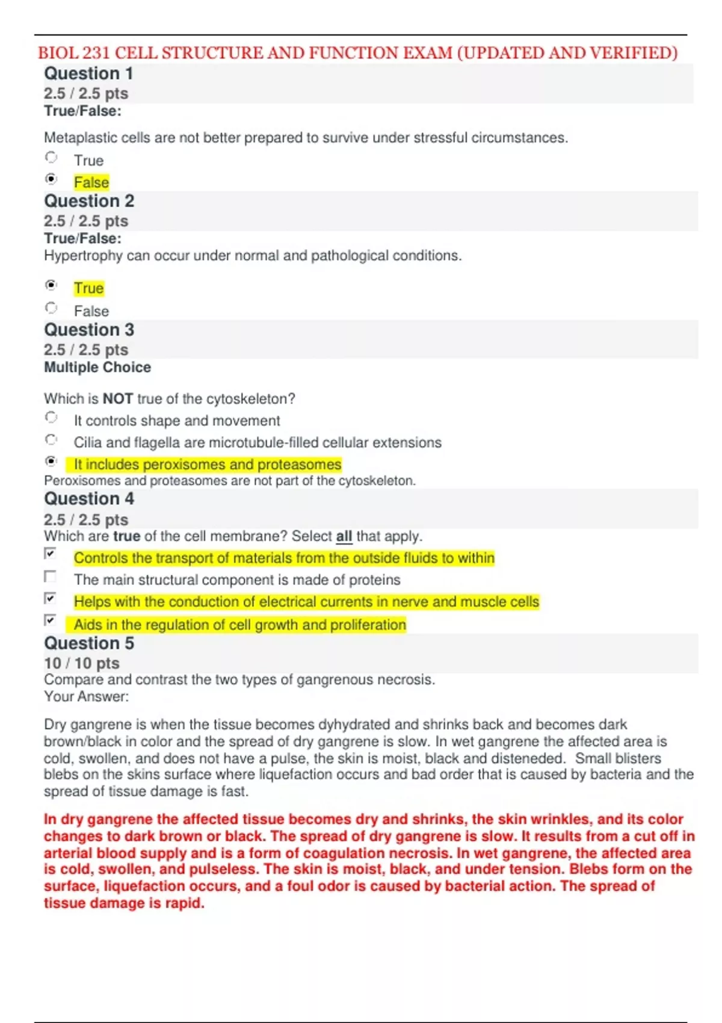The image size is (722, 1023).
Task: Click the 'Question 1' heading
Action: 88,73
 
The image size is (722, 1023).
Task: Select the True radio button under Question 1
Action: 51,158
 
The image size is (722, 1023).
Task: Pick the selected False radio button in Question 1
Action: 51,179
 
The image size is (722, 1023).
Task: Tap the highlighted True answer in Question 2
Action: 88,288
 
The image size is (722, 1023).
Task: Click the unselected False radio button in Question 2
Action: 51,308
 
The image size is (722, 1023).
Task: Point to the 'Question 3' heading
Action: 89,330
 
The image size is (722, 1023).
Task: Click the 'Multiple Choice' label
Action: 97,367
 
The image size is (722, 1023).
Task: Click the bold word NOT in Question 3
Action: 117,399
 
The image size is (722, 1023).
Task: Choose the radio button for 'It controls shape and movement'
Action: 51,418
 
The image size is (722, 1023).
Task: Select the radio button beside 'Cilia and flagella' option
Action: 51,440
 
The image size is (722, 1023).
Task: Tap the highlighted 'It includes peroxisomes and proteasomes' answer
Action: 207,465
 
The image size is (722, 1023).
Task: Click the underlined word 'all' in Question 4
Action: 344,536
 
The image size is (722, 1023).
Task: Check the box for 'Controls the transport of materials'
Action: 51,554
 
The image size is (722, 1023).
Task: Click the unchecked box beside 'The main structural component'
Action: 51,576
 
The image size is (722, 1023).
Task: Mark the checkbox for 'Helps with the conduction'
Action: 51,598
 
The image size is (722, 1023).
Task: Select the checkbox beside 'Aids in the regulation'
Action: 51,620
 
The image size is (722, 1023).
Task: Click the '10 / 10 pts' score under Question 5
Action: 82,663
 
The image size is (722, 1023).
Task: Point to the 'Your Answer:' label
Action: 86,697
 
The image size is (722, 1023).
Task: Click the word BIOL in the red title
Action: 57,53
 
